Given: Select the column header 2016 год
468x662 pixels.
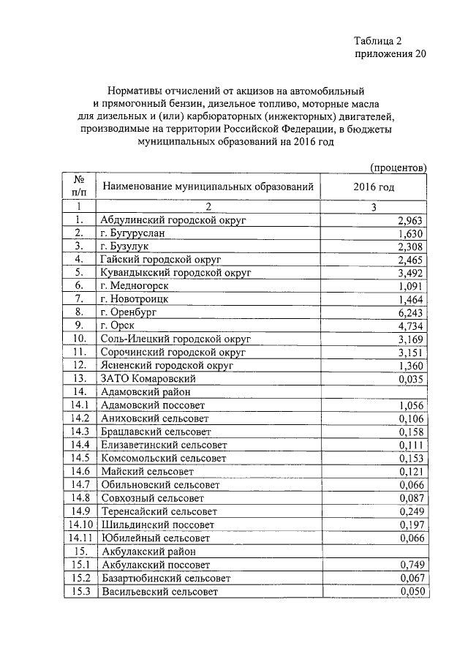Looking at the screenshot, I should (x=373, y=187).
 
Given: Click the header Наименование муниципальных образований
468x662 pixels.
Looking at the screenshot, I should (x=208, y=187).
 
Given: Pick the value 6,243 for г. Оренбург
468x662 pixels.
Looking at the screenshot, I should (x=409, y=312).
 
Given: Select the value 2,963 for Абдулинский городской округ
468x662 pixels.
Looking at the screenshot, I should (x=409, y=220).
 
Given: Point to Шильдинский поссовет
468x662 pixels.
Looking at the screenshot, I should (x=158, y=524).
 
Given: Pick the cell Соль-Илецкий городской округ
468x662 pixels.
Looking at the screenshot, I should (x=175, y=339).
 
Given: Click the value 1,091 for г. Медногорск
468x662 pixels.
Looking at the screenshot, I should (x=409, y=286).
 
